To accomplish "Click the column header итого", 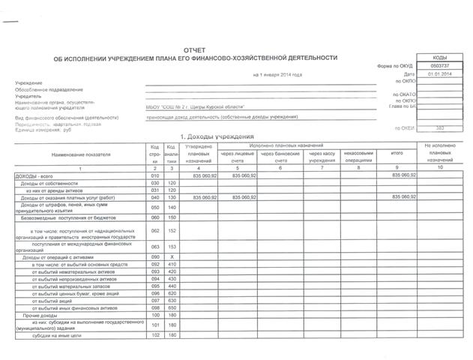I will (397, 154).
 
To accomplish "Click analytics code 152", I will (172, 231).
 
